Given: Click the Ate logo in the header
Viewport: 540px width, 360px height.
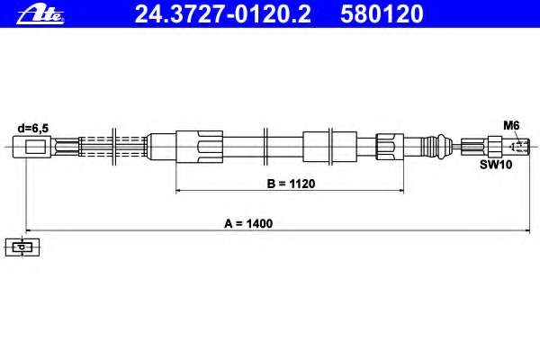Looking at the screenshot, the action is point(40,13).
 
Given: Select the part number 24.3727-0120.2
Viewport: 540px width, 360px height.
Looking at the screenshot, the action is point(223,13).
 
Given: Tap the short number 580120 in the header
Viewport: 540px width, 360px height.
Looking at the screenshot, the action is point(382,13).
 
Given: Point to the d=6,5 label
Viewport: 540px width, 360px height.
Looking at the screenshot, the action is point(33,129).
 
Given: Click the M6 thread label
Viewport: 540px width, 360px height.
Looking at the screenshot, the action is point(511,125).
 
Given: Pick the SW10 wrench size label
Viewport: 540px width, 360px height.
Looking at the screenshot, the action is point(496,165).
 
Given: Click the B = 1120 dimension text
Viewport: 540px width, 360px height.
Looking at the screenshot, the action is point(291,184).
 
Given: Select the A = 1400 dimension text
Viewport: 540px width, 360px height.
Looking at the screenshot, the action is point(248,223).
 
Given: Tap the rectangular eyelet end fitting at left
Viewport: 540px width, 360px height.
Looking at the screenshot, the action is point(31,147).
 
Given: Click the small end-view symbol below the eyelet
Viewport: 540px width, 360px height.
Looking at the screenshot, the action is point(22,247).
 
